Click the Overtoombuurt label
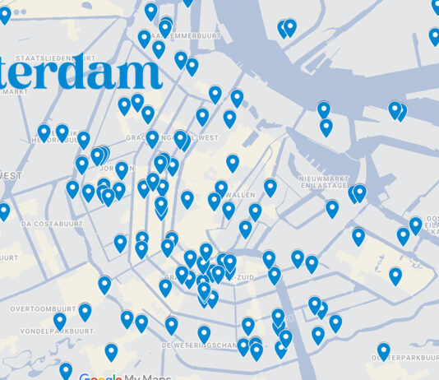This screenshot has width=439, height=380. [44, 309]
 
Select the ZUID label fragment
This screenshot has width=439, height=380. [244, 277]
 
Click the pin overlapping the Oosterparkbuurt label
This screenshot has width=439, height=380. [384, 350]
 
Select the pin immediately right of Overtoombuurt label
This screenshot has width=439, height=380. [85, 310]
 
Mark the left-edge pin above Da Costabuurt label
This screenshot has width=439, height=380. [3, 211]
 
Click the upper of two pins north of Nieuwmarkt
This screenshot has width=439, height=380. [324, 109]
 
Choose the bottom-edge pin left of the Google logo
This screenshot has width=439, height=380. [66, 369]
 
